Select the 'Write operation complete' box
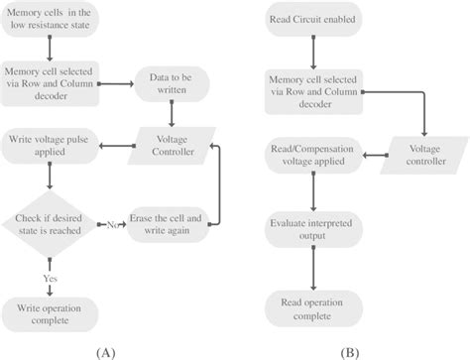pyautogui.click(x=49, y=309)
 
